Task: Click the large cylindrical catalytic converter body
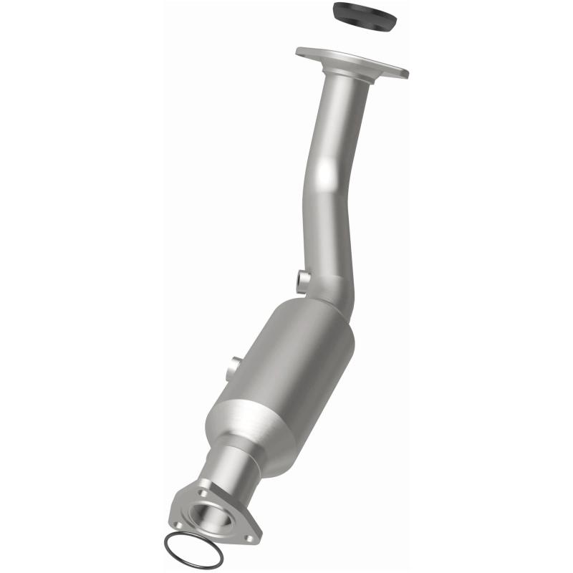[286, 365]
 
